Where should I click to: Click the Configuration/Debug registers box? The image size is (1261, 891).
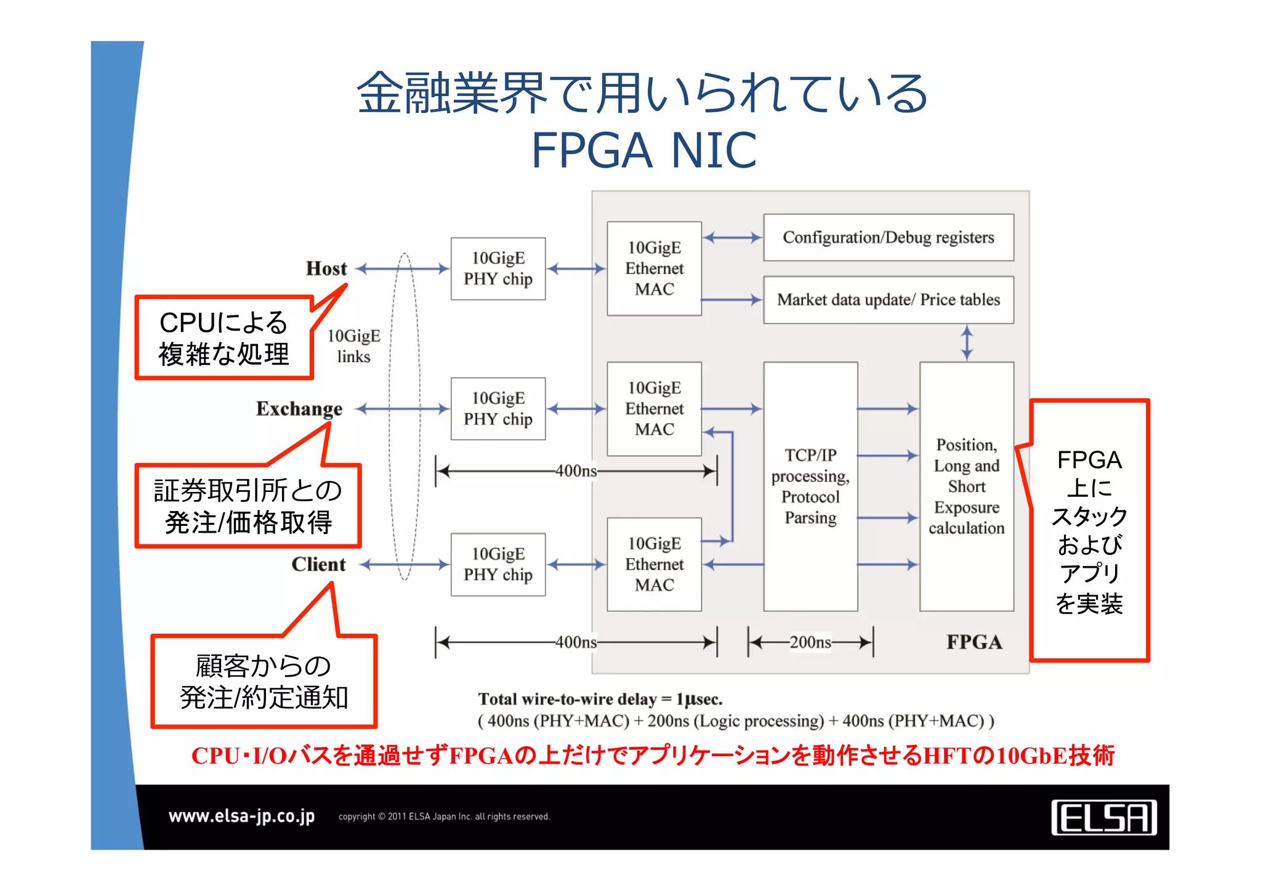click(888, 238)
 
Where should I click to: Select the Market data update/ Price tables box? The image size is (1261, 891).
click(888, 300)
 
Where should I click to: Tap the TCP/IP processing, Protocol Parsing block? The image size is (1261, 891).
click(810, 486)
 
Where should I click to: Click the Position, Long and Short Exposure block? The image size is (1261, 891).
click(966, 486)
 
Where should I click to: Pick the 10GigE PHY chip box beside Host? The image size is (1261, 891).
click(498, 268)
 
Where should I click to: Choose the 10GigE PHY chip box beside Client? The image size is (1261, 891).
click(498, 564)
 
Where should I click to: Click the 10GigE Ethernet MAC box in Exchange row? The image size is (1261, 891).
click(654, 409)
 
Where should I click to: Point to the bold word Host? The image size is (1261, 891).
click(326, 268)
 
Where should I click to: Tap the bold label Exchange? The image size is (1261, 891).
click(299, 409)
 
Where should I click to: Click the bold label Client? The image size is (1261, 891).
click(318, 564)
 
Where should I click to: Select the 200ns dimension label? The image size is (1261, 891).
click(810, 642)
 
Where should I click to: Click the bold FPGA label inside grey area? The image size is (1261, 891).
click(974, 642)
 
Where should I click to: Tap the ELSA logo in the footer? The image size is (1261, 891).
click(1103, 818)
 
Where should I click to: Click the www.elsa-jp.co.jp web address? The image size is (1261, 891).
click(241, 816)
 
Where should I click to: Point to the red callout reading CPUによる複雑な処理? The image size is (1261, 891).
click(224, 337)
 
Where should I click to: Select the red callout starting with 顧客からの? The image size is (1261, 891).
click(264, 681)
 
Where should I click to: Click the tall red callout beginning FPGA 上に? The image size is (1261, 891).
click(1089, 531)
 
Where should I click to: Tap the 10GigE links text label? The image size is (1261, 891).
click(353, 346)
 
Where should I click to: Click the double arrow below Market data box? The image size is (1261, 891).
click(967, 343)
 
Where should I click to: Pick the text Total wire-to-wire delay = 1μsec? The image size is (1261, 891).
click(600, 699)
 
